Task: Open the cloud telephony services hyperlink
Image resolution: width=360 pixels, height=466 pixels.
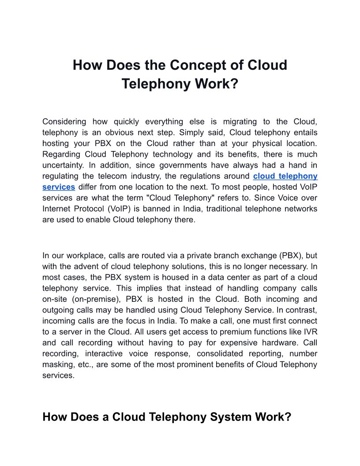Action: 285,176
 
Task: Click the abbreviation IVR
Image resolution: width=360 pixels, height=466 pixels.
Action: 310,332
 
